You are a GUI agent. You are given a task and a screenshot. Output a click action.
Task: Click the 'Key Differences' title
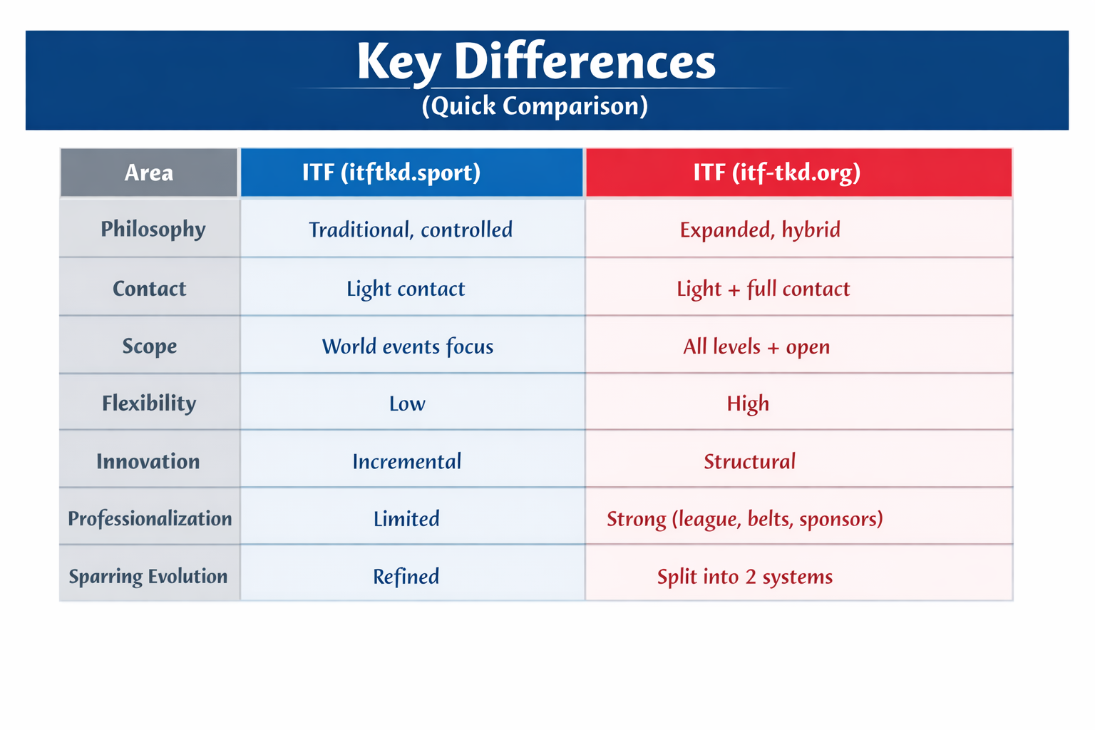(x=536, y=62)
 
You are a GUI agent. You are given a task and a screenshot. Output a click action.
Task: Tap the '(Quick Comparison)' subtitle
(x=535, y=106)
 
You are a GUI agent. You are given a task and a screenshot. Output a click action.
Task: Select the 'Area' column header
(x=148, y=173)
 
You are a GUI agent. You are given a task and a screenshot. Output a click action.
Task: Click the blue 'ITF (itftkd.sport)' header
(x=391, y=173)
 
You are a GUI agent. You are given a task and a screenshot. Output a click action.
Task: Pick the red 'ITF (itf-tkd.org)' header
(x=777, y=173)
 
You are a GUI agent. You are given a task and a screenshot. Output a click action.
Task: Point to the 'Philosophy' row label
(x=153, y=229)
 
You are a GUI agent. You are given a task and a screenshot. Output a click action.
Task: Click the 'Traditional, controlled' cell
(x=410, y=230)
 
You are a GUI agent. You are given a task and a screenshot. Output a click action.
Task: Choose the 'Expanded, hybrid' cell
(x=760, y=230)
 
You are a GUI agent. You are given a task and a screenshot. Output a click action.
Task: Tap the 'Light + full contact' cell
(x=763, y=289)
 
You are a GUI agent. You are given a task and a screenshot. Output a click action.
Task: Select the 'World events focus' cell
(x=407, y=346)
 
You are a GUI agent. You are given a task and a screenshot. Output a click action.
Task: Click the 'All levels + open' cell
(x=756, y=346)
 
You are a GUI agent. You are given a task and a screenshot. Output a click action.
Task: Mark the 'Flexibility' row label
(x=148, y=403)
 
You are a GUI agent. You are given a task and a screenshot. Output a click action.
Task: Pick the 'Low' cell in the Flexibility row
(x=407, y=404)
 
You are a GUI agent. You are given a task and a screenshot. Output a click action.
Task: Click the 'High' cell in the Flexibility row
(x=748, y=404)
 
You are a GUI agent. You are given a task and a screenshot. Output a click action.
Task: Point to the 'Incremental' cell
(x=406, y=461)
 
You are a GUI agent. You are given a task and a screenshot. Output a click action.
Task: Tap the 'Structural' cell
(x=749, y=461)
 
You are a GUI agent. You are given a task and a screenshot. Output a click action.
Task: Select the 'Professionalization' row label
(x=150, y=518)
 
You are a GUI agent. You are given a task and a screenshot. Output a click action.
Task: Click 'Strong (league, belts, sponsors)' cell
(x=744, y=519)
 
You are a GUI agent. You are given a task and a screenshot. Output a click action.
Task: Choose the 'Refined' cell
(x=406, y=577)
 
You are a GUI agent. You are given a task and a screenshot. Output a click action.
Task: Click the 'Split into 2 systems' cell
(x=744, y=577)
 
